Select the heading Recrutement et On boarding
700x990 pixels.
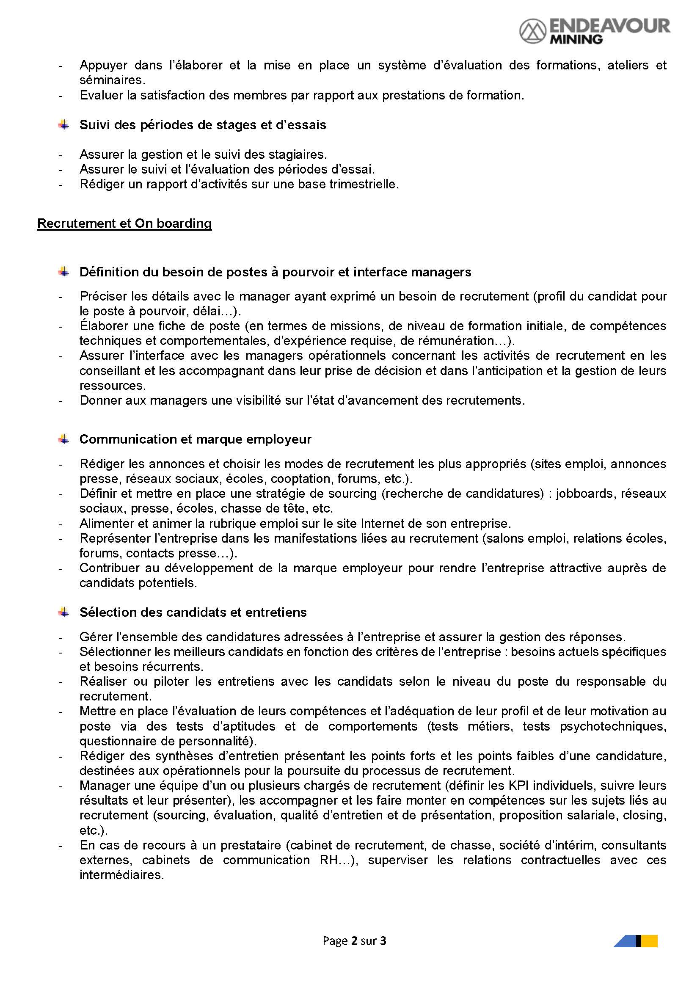point(124,223)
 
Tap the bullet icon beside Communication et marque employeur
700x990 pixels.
point(64,439)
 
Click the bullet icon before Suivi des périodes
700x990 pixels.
point(64,125)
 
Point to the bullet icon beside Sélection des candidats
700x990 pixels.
point(64,612)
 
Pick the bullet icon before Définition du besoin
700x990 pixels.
point(64,272)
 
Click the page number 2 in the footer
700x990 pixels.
point(354,941)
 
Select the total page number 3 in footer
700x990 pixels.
point(383,941)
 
